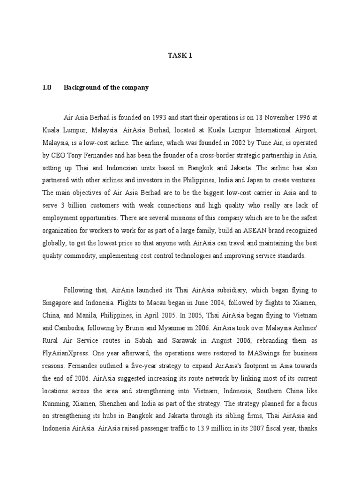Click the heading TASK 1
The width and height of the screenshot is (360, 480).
tap(180, 56)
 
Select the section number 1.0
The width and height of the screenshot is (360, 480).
tap(46, 88)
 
